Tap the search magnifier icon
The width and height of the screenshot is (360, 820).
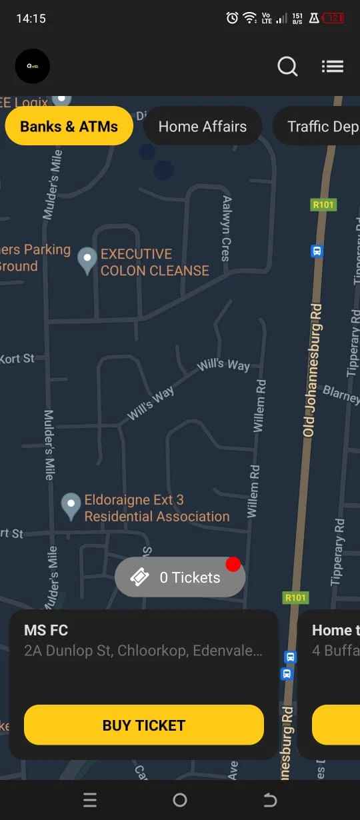pos(287,67)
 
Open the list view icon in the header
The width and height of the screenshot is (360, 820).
pos(332,67)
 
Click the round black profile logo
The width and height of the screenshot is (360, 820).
pos(32,66)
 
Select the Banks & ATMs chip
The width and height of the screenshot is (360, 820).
pos(69,126)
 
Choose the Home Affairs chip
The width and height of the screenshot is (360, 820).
pos(203,126)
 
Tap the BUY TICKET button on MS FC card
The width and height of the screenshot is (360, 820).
pos(144,725)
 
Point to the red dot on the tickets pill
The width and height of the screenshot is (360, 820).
pos(233,564)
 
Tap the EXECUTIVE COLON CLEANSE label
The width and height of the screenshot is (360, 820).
pos(155,262)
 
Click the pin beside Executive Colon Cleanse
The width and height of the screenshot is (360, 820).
pos(87,259)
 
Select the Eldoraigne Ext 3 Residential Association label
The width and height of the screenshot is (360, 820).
pos(157,508)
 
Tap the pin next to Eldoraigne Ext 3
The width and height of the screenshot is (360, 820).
pos(71,505)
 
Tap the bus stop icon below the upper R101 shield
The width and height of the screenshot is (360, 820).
pos(317,251)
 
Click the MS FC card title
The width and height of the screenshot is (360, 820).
pos(46,630)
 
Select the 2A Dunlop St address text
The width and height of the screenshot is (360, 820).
pos(143,651)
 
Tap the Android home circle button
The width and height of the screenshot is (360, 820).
pos(180,800)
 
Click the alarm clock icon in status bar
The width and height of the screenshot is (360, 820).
pos(232,18)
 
